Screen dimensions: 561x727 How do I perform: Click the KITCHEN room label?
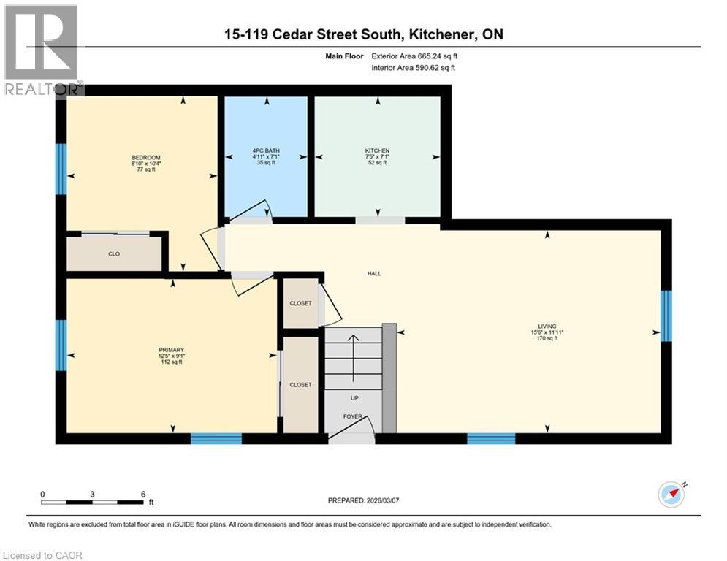[377, 150]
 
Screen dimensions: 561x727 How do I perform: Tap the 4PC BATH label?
[265, 150]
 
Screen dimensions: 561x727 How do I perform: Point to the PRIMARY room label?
[171, 350]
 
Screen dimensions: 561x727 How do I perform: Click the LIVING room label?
[547, 326]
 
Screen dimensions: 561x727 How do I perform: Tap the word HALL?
[374, 273]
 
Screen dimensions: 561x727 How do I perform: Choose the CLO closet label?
[114, 254]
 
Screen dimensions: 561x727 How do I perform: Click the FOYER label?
[353, 416]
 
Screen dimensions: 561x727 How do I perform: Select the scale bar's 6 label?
[142, 494]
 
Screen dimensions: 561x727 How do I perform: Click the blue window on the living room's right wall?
[666, 316]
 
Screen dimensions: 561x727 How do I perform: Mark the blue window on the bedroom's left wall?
[61, 169]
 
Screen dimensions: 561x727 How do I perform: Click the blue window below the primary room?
[216, 438]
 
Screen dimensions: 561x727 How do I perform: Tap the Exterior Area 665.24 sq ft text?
[414, 56]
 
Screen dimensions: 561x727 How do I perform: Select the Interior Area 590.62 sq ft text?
[414, 68]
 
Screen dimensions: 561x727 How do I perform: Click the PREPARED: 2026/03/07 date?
[364, 500]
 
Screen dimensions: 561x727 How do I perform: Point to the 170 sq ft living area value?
[547, 338]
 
